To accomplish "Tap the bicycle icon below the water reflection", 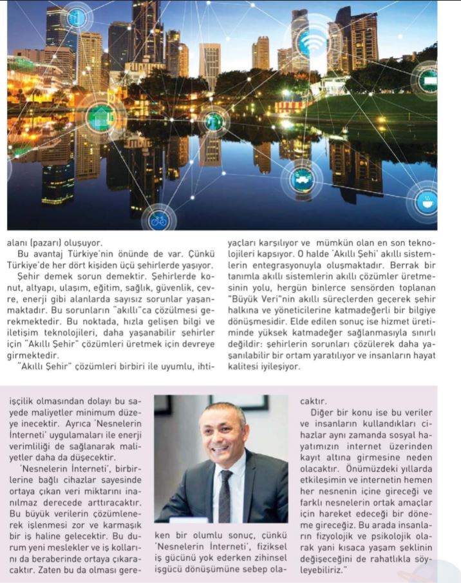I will tap(158, 220).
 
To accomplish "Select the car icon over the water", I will tap(301, 178).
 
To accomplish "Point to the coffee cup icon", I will tap(426, 202).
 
